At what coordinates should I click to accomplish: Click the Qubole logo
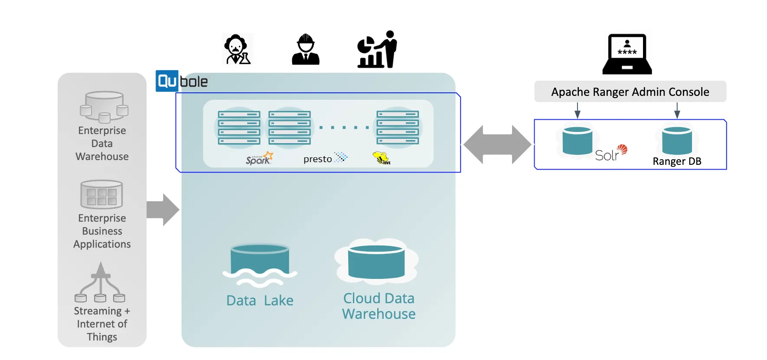tap(182, 81)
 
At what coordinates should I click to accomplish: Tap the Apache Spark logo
tap(259, 158)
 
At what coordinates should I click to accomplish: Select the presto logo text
tap(318, 159)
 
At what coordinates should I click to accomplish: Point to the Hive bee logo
tap(382, 158)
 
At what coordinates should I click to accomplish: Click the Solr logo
tap(611, 153)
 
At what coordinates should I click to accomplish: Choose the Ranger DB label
tap(677, 161)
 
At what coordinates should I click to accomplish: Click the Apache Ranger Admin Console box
tap(630, 92)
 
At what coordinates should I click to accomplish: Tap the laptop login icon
tap(627, 54)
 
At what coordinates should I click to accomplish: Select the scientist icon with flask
tap(237, 49)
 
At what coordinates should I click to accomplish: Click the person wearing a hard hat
tap(306, 49)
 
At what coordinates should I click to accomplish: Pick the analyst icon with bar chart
tap(377, 49)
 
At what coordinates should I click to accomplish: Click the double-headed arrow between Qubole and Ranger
tap(497, 144)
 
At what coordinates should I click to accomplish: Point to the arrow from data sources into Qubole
tap(163, 210)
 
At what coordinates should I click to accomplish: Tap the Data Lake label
tap(260, 300)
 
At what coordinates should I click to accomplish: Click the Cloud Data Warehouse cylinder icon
tap(376, 262)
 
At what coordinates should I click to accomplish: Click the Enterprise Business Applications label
tap(102, 231)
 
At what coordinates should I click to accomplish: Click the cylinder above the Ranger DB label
tap(677, 141)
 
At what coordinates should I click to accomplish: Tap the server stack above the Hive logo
tap(398, 128)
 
